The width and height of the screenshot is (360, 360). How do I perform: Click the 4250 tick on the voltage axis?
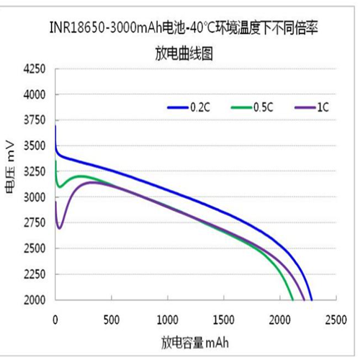34,69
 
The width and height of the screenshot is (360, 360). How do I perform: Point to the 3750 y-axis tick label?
34,120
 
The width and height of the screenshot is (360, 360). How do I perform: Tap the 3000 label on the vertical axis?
34,197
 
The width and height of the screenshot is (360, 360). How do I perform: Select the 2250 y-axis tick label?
34,274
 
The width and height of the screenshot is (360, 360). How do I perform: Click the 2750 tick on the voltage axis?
34,222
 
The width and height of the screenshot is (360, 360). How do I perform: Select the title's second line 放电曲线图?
183,53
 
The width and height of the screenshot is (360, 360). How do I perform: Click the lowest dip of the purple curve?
59,228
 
